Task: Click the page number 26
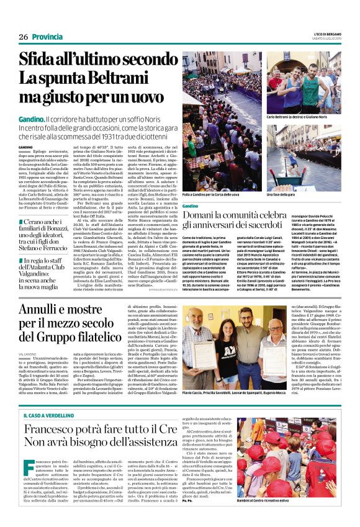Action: [x=23, y=37]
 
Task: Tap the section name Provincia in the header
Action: [x=49, y=37]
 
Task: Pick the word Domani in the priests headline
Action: [x=204, y=213]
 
